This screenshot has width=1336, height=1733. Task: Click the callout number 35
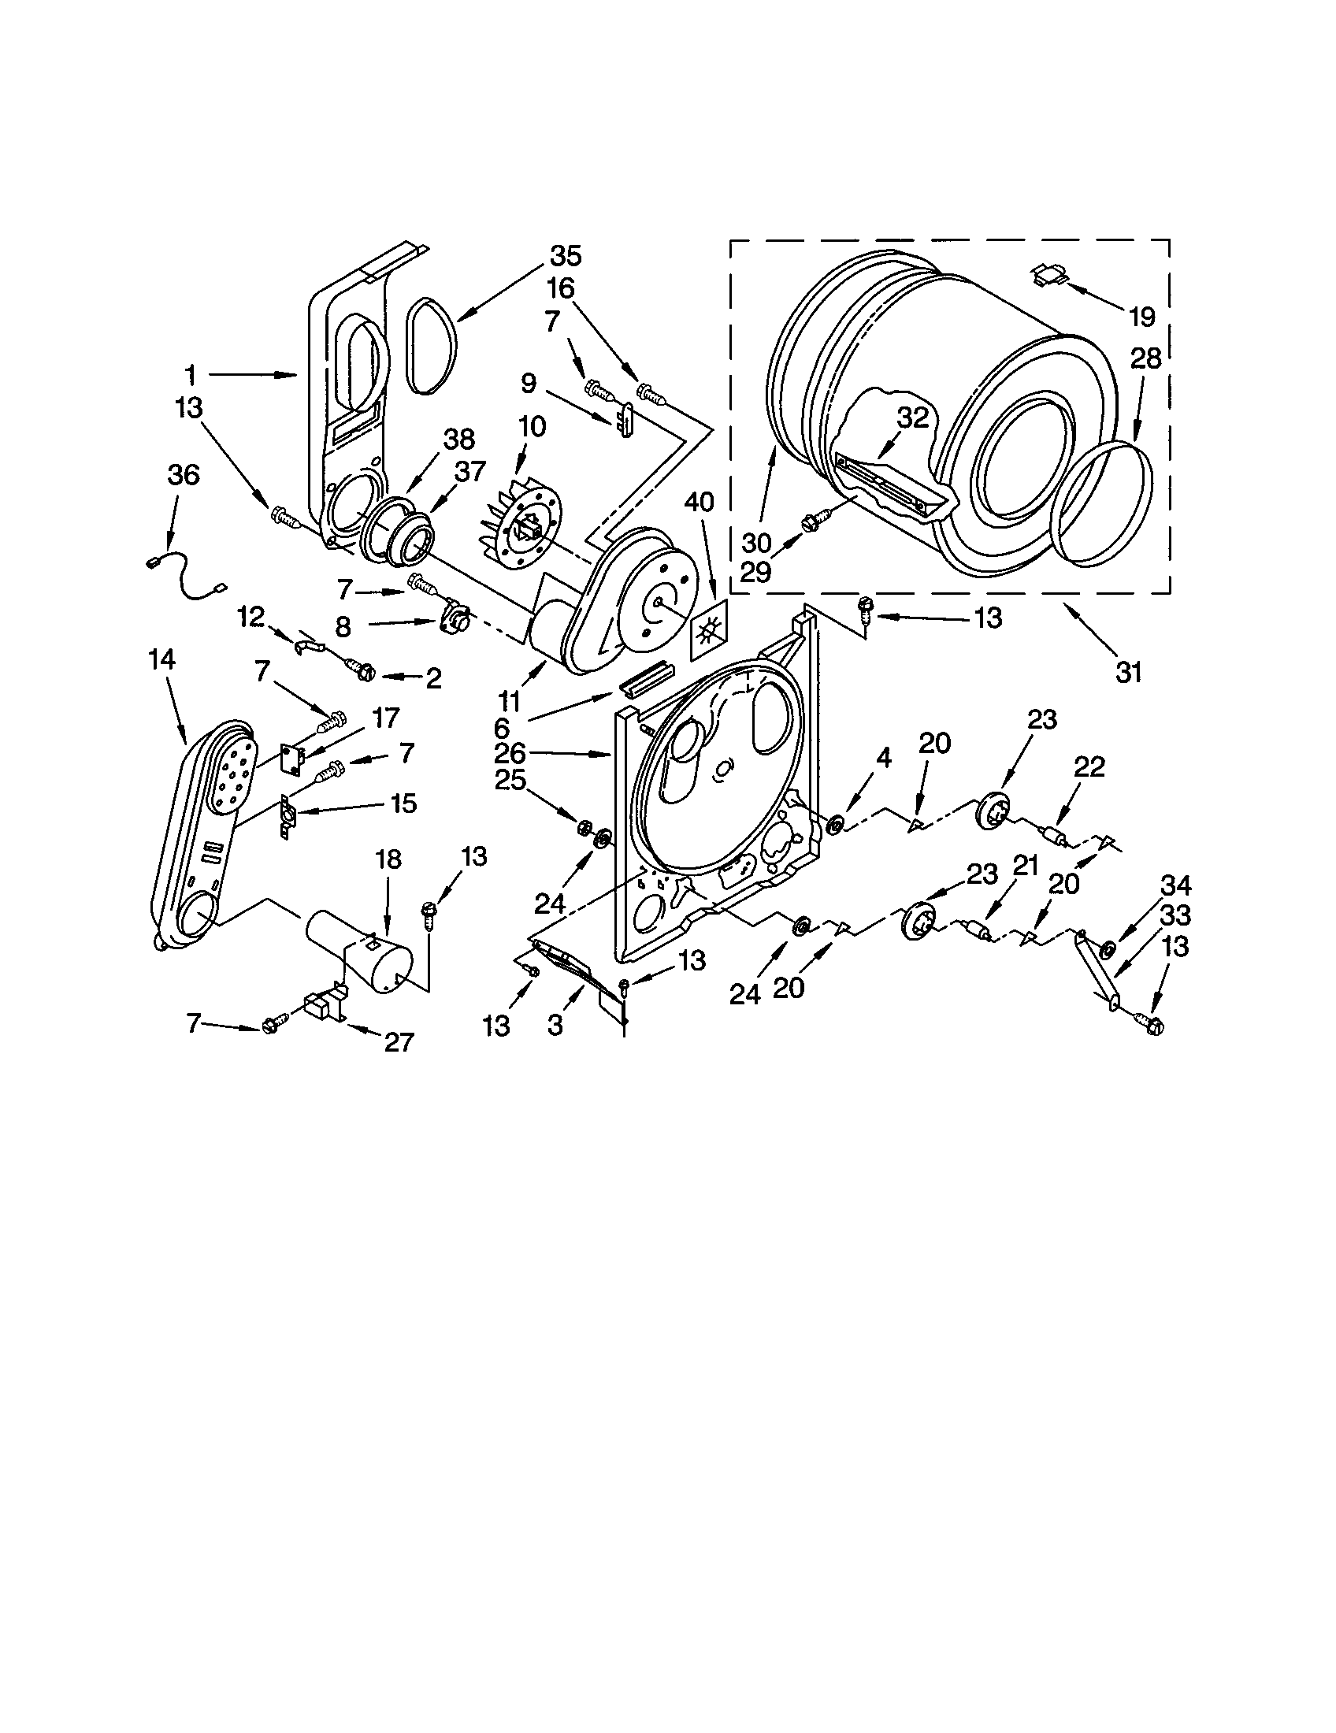pos(566,256)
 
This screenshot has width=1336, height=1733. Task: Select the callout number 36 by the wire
pos(184,475)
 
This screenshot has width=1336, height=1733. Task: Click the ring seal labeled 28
pos(1105,505)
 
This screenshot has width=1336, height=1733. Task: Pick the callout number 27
pos(399,1041)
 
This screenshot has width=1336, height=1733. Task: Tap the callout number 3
pos(555,1024)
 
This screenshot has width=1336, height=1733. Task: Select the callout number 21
pos(1025,867)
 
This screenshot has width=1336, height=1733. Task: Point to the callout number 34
pos(1175,885)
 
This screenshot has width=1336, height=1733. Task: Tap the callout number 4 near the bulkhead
pos(884,759)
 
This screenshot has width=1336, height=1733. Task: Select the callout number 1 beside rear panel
pos(190,374)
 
